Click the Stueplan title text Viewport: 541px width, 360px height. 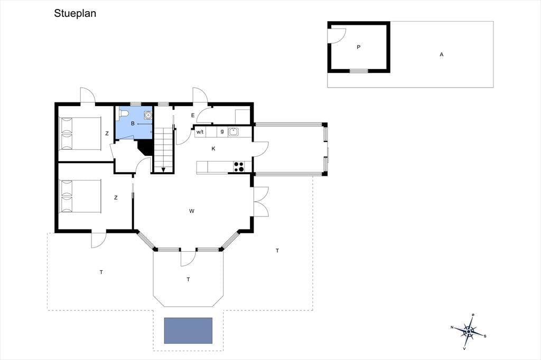tap(75, 13)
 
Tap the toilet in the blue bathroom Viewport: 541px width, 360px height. tap(124, 114)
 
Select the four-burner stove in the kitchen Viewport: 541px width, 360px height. tap(238, 167)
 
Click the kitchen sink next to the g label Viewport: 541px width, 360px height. tap(234, 132)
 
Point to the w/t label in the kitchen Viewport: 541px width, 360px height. tap(200, 132)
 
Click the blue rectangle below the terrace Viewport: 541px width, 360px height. tap(188, 330)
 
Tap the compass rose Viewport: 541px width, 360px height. tap(469, 331)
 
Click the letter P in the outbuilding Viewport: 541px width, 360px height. tap(359, 47)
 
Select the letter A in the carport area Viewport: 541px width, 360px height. tap(441, 54)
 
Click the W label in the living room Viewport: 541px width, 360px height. tap(191, 211)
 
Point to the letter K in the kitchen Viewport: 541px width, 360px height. tap(213, 149)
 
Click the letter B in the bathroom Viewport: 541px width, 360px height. tap(133, 124)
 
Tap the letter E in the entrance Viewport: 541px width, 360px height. tap(193, 116)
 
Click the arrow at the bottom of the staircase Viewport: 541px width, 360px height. tap(163, 169)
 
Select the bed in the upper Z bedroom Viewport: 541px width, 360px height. tap(80, 134)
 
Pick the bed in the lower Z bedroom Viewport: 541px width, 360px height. tap(80, 196)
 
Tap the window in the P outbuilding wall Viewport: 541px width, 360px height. tap(359, 71)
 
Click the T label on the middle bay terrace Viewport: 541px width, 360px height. tap(189, 279)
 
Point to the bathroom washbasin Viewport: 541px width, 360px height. tap(148, 115)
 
